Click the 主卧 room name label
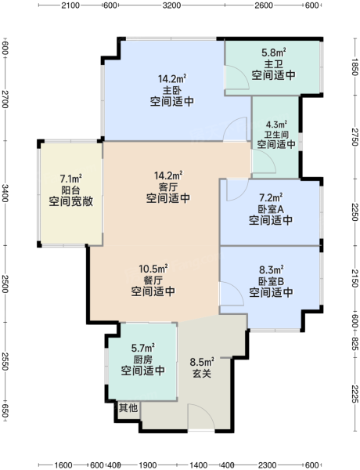pyautogui.click(x=172, y=90)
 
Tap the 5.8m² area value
pyautogui.click(x=273, y=52)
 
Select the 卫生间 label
pyautogui.click(x=276, y=134)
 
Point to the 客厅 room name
pyautogui.click(x=168, y=187)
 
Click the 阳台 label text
pyautogui.click(x=70, y=190)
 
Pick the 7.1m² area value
pyautogui.click(x=71, y=179)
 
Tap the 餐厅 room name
pyautogui.click(x=153, y=280)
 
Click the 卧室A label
pyautogui.click(x=271, y=209)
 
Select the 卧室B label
pyautogui.click(x=271, y=281)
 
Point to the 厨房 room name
pyautogui.click(x=143, y=360)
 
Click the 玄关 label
pyautogui.click(x=202, y=374)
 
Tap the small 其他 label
pyautogui.click(x=128, y=407)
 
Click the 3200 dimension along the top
pyautogui.click(x=172, y=5)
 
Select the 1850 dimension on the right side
pyautogui.click(x=355, y=67)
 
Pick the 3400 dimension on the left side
pyautogui.click(x=5, y=193)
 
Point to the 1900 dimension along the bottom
pyautogui.click(x=148, y=465)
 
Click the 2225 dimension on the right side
pyautogui.click(x=355, y=392)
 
